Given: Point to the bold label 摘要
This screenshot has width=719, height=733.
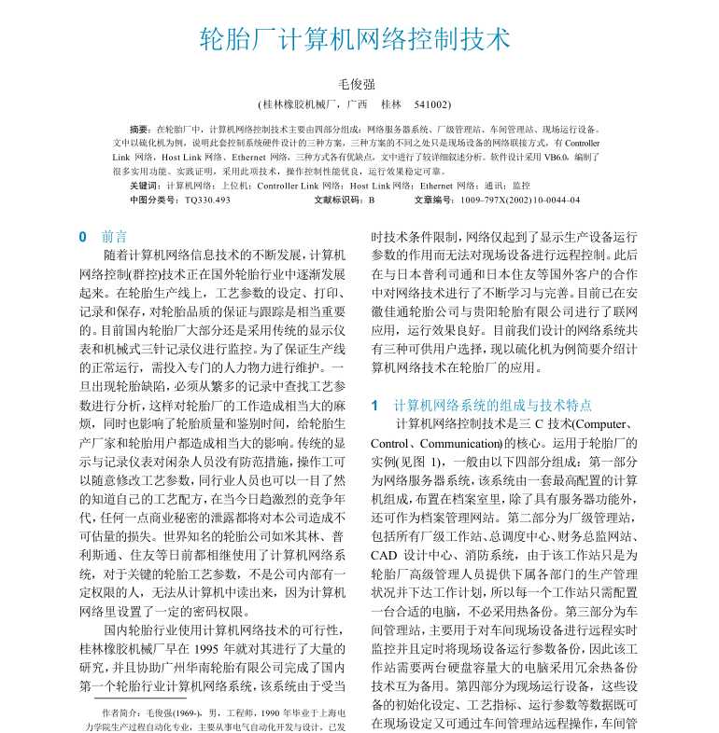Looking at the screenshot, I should (x=140, y=130).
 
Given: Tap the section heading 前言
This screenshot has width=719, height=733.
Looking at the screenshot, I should (x=116, y=237).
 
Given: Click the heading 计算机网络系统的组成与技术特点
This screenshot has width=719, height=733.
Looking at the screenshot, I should (x=493, y=405).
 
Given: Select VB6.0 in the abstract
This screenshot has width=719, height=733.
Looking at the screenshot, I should (x=545, y=158).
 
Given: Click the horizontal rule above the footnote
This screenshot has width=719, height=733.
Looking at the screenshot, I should (x=135, y=696).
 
